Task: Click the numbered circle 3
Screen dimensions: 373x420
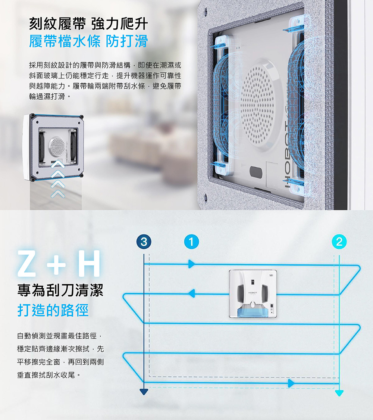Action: tap(144, 242)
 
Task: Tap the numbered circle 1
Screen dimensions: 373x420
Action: tap(191, 242)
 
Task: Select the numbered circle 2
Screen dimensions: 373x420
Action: tap(339, 242)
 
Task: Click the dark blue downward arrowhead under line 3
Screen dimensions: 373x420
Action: tap(144, 392)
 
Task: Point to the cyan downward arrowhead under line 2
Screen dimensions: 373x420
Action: tap(339, 393)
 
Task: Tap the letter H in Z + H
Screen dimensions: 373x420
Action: tap(90, 263)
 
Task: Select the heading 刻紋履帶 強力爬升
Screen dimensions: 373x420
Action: tap(88, 24)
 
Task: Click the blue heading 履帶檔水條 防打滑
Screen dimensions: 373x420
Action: tap(88, 41)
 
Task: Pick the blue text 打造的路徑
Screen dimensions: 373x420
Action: tap(53, 310)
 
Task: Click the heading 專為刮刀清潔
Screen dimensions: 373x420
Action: tap(60, 290)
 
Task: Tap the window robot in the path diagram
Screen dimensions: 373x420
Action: tap(253, 293)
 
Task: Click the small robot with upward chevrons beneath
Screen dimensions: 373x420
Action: tap(53, 147)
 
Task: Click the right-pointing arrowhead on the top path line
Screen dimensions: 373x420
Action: tap(192, 264)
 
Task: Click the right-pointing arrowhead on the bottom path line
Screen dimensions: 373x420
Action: tap(291, 383)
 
